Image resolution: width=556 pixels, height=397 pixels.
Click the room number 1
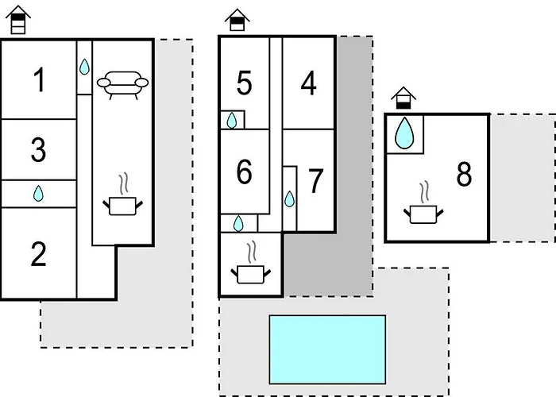tap(38, 80)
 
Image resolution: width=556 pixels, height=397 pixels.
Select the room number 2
tap(38, 255)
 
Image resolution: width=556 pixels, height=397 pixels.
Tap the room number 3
tap(38, 150)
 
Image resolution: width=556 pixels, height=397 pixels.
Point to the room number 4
tap(308, 83)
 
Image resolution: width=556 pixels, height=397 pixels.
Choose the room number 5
tap(244, 83)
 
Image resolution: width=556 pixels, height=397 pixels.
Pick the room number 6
tap(244, 171)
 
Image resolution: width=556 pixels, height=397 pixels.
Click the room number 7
tap(315, 181)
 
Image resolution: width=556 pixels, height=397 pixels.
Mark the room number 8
tap(464, 175)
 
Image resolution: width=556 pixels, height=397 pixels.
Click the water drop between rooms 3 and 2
tap(38, 193)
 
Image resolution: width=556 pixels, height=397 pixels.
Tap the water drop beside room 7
tap(289, 198)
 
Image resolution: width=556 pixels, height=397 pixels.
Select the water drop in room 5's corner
tap(231, 120)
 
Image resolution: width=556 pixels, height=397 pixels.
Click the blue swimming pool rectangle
tap(327, 348)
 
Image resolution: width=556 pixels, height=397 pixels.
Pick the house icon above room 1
tap(17, 19)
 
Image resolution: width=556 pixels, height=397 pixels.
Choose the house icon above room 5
tap(236, 20)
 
